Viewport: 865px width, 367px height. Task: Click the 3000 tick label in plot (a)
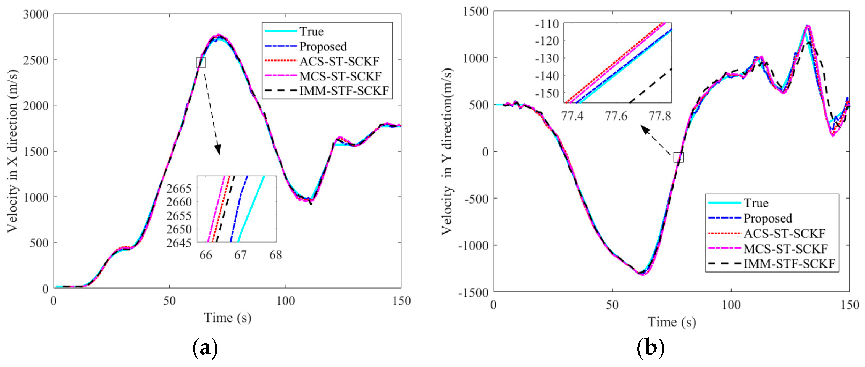(36, 14)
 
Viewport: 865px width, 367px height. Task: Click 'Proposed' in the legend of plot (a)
(323, 46)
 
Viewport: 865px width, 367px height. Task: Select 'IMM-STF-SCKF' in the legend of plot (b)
(789, 263)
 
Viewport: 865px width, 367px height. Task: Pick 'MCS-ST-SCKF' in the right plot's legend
(785, 249)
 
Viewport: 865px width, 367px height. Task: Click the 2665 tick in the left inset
(179, 188)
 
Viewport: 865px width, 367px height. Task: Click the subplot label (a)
(206, 348)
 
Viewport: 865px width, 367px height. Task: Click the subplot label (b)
(650, 348)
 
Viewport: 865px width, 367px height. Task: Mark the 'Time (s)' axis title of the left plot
(228, 318)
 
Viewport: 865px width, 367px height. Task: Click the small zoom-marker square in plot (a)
(201, 62)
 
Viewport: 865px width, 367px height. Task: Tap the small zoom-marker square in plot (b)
(679, 157)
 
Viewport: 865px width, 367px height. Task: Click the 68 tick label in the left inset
(276, 255)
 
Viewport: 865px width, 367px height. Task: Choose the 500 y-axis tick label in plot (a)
(39, 243)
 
